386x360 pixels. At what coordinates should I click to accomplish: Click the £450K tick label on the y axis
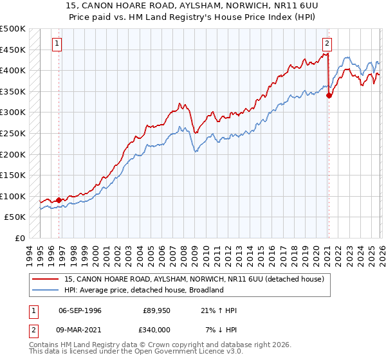13,50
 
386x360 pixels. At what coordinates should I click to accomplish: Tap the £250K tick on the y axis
13,133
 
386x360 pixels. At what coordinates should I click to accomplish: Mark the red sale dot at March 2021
329,96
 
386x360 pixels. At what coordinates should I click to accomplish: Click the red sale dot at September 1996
59,200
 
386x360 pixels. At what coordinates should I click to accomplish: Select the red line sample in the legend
46,279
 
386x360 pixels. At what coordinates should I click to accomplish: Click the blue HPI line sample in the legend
46,290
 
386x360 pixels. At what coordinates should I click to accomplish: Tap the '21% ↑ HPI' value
219,310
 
